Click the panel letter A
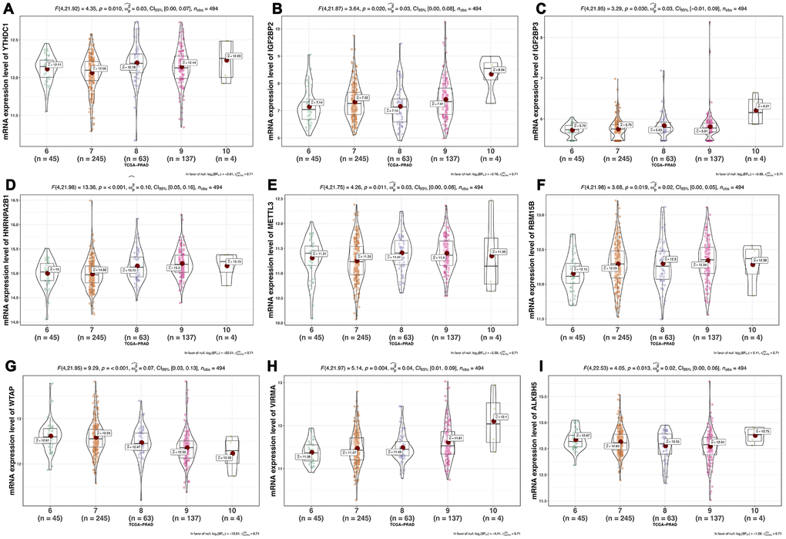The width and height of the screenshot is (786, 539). pos(10,8)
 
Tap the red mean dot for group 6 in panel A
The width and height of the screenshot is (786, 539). pos(47,69)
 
